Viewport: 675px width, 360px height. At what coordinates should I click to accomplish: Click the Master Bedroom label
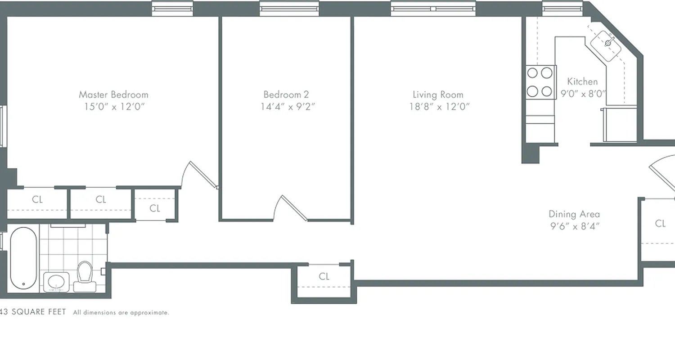pyautogui.click(x=113, y=94)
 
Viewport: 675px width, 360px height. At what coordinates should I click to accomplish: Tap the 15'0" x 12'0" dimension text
pyautogui.click(x=113, y=107)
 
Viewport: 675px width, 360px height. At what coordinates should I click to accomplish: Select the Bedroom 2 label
pyautogui.click(x=286, y=94)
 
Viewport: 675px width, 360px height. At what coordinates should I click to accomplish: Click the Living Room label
pyautogui.click(x=438, y=94)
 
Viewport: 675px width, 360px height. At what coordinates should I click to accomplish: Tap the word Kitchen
pyautogui.click(x=582, y=81)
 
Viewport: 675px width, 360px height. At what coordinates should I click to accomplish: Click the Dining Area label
pyautogui.click(x=574, y=214)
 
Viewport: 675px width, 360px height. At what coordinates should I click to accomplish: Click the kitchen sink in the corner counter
pyautogui.click(x=608, y=43)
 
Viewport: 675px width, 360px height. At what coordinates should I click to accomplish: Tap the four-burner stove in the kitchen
pyautogui.click(x=540, y=82)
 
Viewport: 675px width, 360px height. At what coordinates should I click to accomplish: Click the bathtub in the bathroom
pyautogui.click(x=23, y=259)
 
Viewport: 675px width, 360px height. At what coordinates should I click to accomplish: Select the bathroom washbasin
pyautogui.click(x=56, y=282)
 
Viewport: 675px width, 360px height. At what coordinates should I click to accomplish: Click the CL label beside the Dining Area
pyautogui.click(x=660, y=224)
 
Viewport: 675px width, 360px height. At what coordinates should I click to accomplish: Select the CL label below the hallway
pyautogui.click(x=324, y=276)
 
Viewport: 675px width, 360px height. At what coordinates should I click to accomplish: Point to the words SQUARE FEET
pyautogui.click(x=39, y=312)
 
